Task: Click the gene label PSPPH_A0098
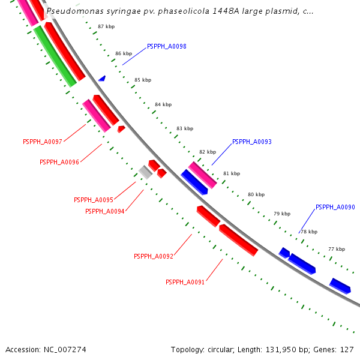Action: pyautogui.click(x=166, y=46)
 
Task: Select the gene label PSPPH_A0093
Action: pyautogui.click(x=251, y=142)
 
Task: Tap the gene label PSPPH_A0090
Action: pyautogui.click(x=335, y=207)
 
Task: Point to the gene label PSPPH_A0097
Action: pyautogui.click(x=43, y=142)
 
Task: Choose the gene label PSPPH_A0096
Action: pyautogui.click(x=59, y=162)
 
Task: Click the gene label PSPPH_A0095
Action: pyautogui.click(x=94, y=200)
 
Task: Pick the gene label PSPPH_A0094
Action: pyautogui.click(x=105, y=211)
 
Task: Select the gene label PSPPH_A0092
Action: pyautogui.click(x=154, y=256)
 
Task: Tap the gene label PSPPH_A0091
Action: pyautogui.click(x=185, y=282)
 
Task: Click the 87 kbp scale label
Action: pyautogui.click(x=106, y=27)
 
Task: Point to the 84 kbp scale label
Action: pyautogui.click(x=163, y=104)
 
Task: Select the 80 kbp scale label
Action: pyautogui.click(x=256, y=194)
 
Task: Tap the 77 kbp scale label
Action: pyautogui.click(x=336, y=249)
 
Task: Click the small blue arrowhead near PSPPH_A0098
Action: pyautogui.click(x=102, y=79)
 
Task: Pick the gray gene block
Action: pyautogui.click(x=145, y=172)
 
